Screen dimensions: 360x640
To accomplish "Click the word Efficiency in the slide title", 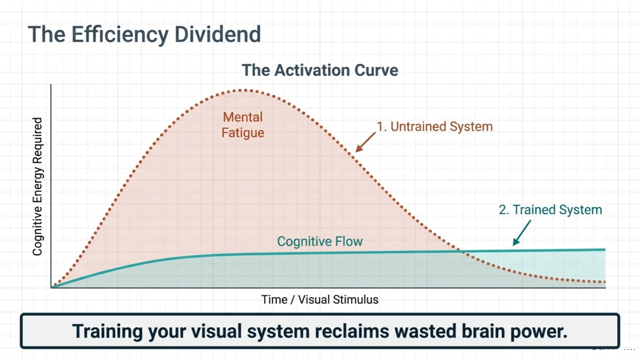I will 120,35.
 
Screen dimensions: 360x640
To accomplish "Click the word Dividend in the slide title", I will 218,35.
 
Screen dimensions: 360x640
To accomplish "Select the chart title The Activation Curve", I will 320,70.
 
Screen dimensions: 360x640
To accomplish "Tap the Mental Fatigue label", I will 243,125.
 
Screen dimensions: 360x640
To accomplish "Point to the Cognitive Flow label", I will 320,241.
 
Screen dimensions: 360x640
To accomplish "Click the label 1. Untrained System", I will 434,127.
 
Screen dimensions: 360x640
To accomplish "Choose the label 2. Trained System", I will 550,210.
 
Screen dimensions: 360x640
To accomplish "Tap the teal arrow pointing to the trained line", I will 521,233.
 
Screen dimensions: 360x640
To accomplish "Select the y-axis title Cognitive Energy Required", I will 38,187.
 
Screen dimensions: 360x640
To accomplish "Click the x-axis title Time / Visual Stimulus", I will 320,300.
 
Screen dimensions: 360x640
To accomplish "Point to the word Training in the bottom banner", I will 107,331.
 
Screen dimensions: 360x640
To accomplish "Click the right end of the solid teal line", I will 604,250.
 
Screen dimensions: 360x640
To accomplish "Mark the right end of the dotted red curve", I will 604,282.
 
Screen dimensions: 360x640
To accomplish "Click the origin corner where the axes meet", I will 51,288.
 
